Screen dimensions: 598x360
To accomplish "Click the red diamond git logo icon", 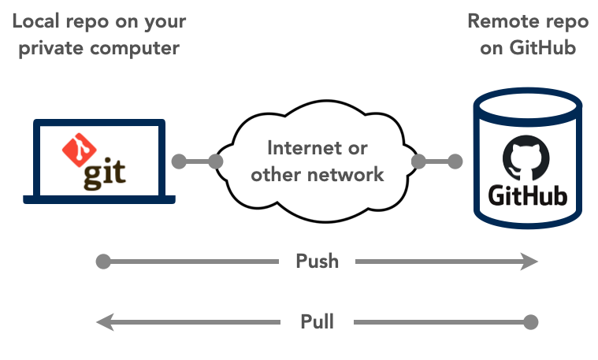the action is (x=79, y=150).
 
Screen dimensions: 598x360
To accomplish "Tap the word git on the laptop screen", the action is (x=105, y=173).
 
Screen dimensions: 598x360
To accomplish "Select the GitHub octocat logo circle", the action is (x=526, y=158).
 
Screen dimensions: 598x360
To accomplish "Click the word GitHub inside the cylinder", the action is (x=527, y=196).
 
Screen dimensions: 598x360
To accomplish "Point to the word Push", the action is (x=318, y=262).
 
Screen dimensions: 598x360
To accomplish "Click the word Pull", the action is (x=318, y=321).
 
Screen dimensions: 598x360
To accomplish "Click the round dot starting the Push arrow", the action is (x=103, y=262).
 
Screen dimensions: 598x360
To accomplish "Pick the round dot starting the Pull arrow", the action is (x=530, y=322).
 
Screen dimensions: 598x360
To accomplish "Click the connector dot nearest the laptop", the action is (x=179, y=161).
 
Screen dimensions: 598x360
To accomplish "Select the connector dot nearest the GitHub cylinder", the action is (x=455, y=161).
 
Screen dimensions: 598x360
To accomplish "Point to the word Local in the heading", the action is (x=36, y=21).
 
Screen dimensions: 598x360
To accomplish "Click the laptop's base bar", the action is (x=99, y=199).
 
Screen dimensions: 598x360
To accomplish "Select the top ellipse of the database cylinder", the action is (x=528, y=107).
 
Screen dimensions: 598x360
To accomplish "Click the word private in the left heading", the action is (x=51, y=49).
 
